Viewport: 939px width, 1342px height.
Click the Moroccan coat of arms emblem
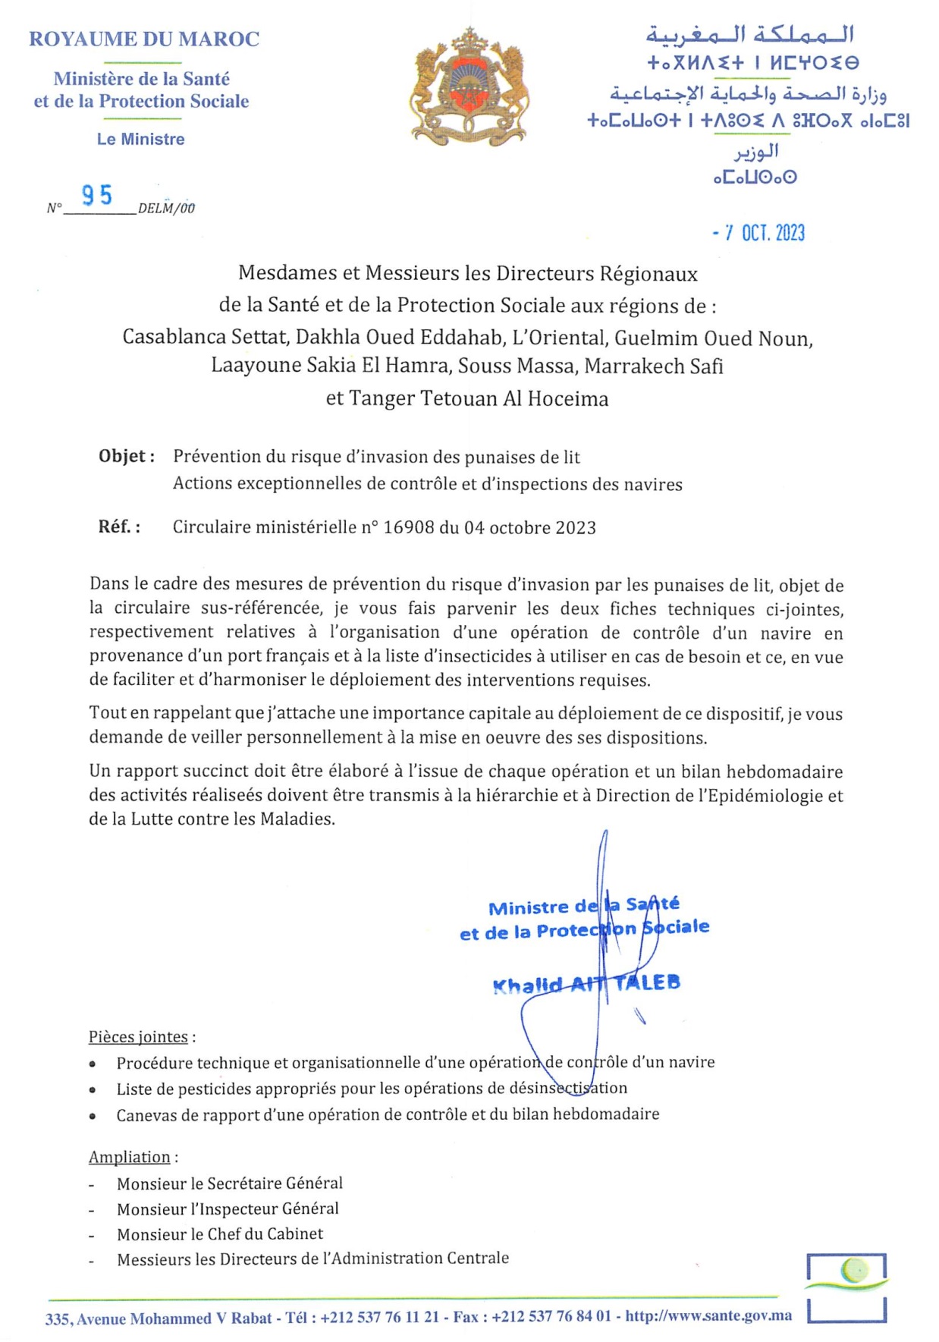click(x=469, y=87)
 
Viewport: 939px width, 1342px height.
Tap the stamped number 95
click(x=97, y=196)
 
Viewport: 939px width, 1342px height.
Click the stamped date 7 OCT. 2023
click(x=758, y=233)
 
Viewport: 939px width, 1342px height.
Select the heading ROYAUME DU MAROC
click(x=144, y=39)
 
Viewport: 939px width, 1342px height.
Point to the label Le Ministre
click(x=141, y=140)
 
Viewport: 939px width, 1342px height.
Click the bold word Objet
click(x=124, y=457)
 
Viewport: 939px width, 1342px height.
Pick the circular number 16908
click(x=408, y=528)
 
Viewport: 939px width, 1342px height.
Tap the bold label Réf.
click(x=118, y=527)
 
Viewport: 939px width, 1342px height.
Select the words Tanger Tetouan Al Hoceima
click(x=479, y=399)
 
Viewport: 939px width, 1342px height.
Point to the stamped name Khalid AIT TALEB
click(x=586, y=984)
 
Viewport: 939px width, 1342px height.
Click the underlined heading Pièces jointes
click(x=139, y=1037)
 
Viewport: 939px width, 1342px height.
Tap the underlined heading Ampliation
click(x=130, y=1158)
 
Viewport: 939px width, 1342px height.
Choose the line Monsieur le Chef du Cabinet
click(x=220, y=1234)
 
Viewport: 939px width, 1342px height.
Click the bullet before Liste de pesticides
click(x=93, y=1090)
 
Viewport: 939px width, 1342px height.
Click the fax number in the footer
click(x=551, y=1317)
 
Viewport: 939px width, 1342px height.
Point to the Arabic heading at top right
click(x=750, y=35)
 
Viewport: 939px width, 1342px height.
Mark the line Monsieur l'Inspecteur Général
click(x=228, y=1209)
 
